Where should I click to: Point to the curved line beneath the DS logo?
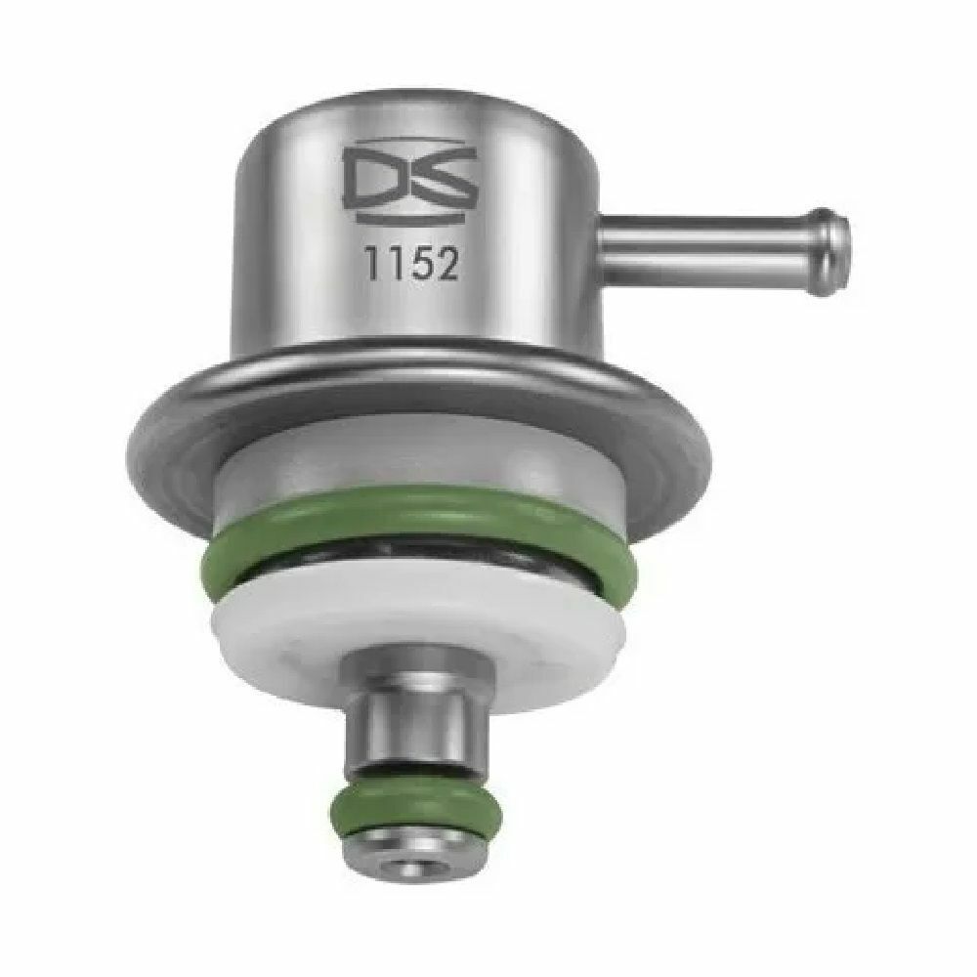click(410, 218)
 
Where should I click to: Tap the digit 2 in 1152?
click(446, 263)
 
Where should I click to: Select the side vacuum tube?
click(723, 252)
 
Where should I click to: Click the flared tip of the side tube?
click(831, 252)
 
